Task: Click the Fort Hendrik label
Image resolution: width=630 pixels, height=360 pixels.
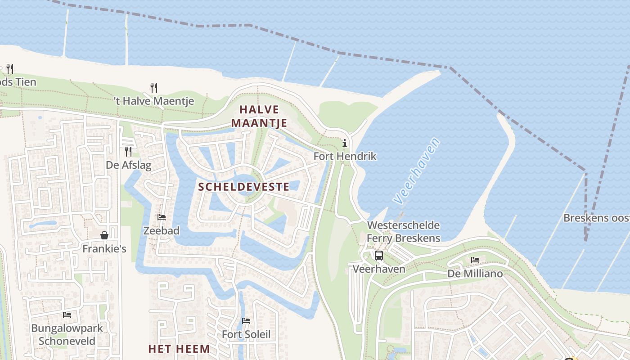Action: (x=345, y=157)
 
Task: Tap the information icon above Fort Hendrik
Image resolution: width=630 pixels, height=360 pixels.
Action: (x=345, y=144)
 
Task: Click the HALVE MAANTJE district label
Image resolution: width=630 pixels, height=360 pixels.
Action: (x=259, y=116)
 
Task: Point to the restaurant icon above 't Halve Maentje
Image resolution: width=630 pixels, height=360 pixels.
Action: (x=154, y=87)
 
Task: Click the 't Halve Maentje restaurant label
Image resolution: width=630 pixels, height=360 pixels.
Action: (x=154, y=101)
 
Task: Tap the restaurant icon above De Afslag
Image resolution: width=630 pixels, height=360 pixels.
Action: (x=128, y=151)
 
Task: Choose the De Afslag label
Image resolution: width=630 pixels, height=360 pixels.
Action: (x=129, y=165)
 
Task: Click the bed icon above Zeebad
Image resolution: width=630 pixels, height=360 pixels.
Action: (x=162, y=217)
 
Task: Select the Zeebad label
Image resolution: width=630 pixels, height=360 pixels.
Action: (x=161, y=231)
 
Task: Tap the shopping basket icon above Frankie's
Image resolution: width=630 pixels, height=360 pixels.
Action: (x=104, y=235)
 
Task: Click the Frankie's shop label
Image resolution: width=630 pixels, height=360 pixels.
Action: (x=104, y=249)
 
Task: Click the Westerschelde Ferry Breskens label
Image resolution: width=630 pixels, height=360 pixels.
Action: (x=403, y=232)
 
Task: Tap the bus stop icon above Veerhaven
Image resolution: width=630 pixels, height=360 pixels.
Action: (x=379, y=256)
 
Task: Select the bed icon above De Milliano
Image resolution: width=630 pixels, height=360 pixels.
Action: (x=475, y=260)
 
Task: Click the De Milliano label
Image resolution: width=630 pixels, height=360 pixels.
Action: (x=475, y=274)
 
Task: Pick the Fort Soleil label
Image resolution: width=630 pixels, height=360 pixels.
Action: (x=246, y=334)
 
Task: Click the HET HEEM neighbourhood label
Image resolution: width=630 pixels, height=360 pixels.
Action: (x=179, y=349)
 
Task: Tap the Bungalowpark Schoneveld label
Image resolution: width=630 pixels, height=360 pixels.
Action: (x=67, y=334)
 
